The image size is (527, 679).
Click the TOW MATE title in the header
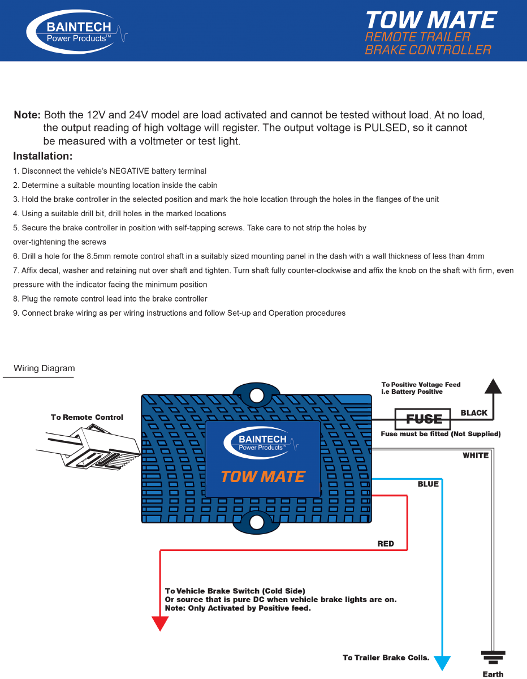[430, 20]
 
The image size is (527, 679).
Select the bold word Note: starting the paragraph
[27, 115]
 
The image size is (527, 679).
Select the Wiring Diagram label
[44, 368]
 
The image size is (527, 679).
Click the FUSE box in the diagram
[423, 419]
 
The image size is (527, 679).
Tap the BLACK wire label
[474, 413]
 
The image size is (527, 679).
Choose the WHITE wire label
[476, 455]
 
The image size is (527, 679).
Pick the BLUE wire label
[428, 484]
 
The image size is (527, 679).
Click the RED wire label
[386, 544]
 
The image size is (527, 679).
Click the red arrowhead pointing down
[161, 623]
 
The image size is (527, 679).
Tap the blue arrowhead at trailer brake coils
[442, 663]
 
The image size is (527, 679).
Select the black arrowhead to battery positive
[494, 386]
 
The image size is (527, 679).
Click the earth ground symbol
[493, 657]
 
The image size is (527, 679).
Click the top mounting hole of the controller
[257, 394]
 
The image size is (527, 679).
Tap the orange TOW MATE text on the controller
[263, 476]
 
